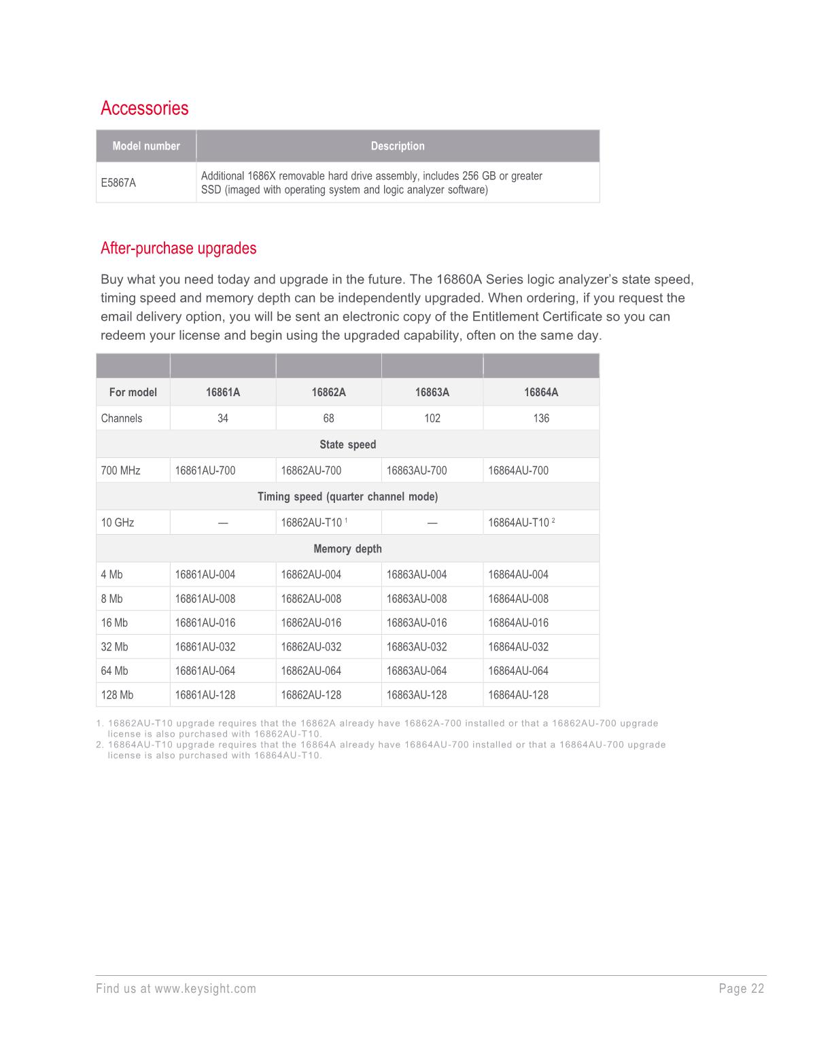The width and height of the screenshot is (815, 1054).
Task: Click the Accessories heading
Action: pos(144,108)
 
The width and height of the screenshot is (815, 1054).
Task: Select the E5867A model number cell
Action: pos(118,183)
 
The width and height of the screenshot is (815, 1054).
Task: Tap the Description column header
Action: pos(398,146)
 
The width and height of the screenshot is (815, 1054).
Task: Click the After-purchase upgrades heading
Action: pos(178,248)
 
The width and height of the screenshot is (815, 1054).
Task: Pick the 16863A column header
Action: pos(432,392)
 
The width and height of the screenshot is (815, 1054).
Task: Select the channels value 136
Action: pos(541,418)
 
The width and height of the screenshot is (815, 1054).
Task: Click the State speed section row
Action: pos(347,444)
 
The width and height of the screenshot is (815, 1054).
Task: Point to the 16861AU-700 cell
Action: pos(205,470)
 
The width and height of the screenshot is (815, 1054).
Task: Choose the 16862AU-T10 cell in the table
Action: pos(312,523)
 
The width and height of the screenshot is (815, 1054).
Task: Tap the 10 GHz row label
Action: pos(118,523)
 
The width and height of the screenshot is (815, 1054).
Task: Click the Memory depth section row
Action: pos(347,549)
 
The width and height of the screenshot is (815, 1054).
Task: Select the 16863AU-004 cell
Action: pos(417,575)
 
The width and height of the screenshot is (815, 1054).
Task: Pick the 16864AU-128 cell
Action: pos(518,695)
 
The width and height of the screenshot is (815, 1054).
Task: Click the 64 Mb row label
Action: pos(114,671)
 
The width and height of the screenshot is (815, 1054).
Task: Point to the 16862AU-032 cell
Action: pos(311,647)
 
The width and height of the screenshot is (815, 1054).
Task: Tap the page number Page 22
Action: pos(742,989)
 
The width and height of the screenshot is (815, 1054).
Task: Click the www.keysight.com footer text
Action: pos(205,989)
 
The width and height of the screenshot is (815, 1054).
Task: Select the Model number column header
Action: pos(146,146)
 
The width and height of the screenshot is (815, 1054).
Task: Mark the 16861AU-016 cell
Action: pos(205,623)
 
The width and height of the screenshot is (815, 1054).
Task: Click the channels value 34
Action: pos(223,418)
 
